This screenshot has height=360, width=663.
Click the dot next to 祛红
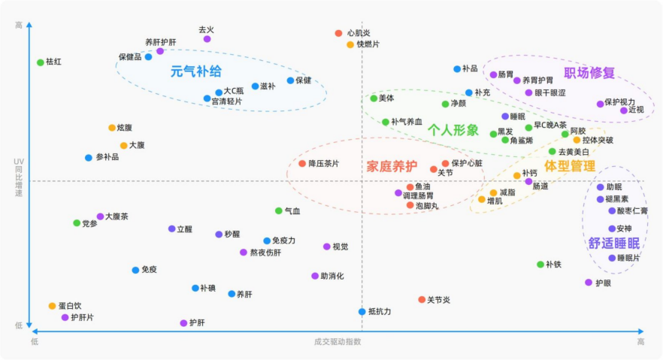click(x=41, y=62)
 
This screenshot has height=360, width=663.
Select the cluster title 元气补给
click(x=196, y=71)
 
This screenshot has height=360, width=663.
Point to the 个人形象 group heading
click(x=453, y=130)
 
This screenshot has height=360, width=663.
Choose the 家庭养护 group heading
click(x=392, y=166)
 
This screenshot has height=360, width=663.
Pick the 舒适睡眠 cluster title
click(x=614, y=243)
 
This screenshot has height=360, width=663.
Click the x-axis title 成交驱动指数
click(x=338, y=341)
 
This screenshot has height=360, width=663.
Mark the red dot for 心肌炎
click(x=338, y=33)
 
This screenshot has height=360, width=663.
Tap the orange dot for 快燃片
click(x=350, y=44)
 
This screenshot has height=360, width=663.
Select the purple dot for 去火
click(x=207, y=39)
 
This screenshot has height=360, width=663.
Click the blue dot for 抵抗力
click(x=362, y=311)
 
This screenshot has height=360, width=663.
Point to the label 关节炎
click(x=439, y=300)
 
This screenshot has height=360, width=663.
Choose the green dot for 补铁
click(x=540, y=265)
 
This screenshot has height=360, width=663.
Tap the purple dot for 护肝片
click(x=65, y=317)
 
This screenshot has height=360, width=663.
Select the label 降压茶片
click(x=324, y=163)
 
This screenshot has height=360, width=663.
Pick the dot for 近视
click(x=624, y=110)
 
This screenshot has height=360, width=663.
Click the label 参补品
click(x=107, y=157)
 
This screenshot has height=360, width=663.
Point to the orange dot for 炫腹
click(x=112, y=128)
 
